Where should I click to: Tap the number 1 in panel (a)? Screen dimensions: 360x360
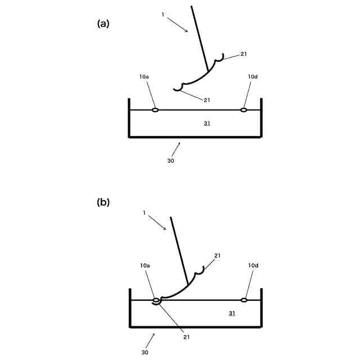163,15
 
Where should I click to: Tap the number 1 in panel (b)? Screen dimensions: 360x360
144,213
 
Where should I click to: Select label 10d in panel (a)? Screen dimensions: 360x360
253,76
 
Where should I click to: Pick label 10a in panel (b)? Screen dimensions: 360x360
145,264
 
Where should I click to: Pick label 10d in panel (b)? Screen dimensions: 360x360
253,264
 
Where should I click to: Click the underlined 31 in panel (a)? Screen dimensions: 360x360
207,123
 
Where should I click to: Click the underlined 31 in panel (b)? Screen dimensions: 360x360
232,313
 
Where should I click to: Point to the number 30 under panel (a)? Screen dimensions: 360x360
170,160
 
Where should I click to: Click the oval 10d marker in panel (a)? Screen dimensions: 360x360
244,110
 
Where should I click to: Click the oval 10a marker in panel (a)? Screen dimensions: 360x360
155,110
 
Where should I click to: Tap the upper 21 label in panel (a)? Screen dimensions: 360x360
243,54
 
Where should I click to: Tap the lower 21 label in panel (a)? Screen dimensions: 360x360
207,100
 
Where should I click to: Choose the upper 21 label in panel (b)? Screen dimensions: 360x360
217,256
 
